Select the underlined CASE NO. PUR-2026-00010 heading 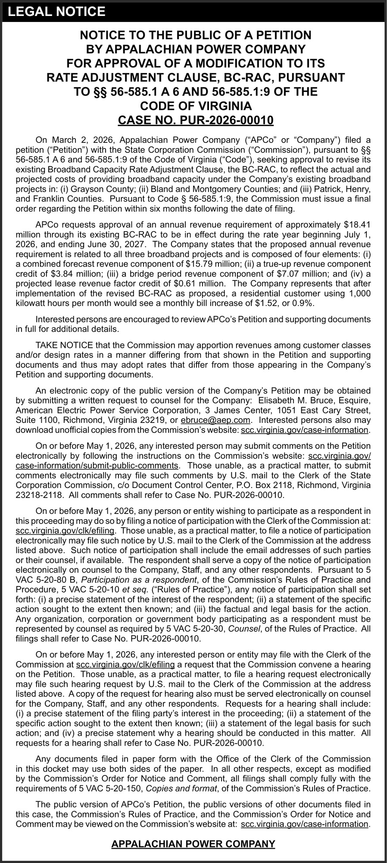point(193,120)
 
